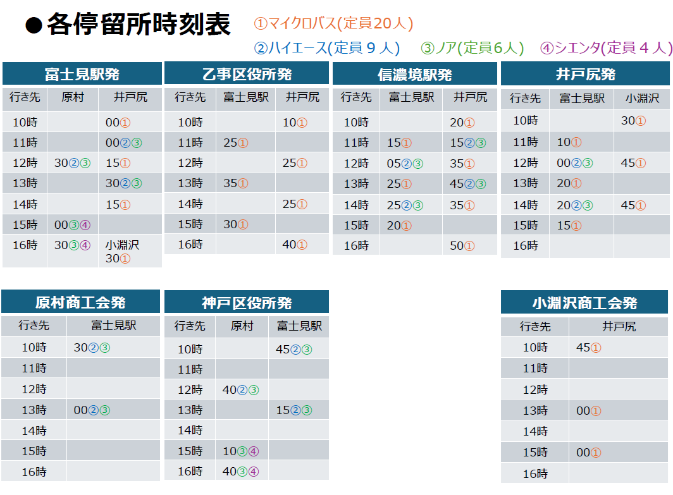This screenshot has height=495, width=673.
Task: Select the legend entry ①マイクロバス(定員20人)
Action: [x=333, y=23]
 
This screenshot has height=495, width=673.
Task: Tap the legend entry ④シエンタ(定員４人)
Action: [x=606, y=47]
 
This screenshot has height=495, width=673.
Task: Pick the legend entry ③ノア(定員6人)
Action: [x=472, y=47]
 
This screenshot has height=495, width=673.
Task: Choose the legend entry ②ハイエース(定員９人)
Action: [x=328, y=47]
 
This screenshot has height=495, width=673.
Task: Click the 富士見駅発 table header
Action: [x=82, y=74]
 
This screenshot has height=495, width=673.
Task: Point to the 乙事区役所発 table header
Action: [x=247, y=74]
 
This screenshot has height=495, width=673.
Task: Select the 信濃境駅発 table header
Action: [x=415, y=75]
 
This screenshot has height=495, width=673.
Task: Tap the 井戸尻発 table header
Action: [x=586, y=75]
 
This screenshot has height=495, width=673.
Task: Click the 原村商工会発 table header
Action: [x=80, y=302]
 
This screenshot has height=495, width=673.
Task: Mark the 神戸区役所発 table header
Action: [x=247, y=303]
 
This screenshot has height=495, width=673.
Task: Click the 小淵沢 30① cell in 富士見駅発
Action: [x=122, y=251]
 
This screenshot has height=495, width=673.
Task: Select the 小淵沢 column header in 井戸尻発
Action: [x=642, y=99]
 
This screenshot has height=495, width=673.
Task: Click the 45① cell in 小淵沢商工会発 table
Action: [x=588, y=348]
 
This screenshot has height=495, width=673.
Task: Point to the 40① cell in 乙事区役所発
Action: [x=295, y=245]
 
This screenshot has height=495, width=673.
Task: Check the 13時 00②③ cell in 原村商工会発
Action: [x=92, y=410]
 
